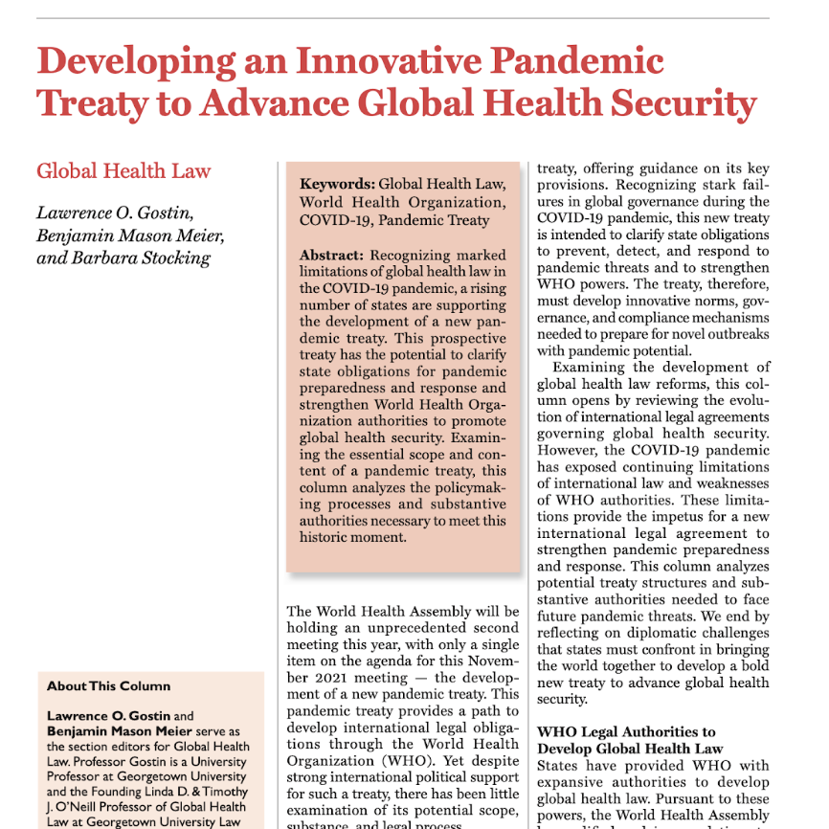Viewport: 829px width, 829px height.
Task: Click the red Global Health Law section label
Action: pyautogui.click(x=123, y=171)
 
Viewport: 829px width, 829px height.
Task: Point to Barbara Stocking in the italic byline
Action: pyautogui.click(x=146, y=258)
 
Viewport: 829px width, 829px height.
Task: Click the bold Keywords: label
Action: pyautogui.click(x=337, y=185)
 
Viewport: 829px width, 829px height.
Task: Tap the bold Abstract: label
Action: pyautogui.click(x=332, y=256)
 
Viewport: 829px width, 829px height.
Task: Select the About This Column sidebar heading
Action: pyautogui.click(x=108, y=686)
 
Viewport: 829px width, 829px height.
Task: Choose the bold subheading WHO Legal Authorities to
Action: pyautogui.click(x=626, y=732)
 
